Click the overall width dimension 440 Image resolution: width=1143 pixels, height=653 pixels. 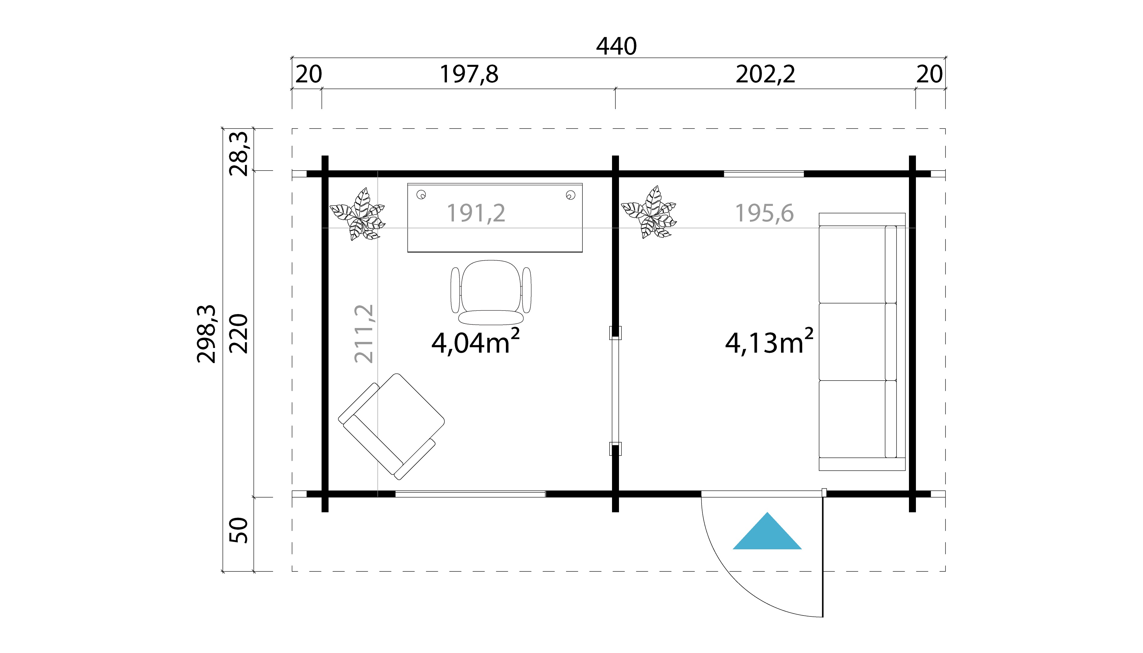click(x=616, y=47)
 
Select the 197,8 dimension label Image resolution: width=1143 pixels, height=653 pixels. click(x=469, y=74)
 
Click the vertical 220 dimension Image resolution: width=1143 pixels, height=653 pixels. click(x=239, y=334)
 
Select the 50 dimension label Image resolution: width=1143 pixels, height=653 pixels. click(x=239, y=530)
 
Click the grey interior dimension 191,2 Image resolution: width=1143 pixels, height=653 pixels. click(x=476, y=213)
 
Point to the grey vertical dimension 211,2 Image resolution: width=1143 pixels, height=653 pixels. click(x=364, y=334)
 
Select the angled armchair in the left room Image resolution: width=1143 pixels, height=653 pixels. click(x=391, y=426)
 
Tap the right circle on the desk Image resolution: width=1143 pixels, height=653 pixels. click(x=571, y=195)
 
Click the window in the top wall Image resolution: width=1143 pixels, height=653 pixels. click(x=764, y=174)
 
